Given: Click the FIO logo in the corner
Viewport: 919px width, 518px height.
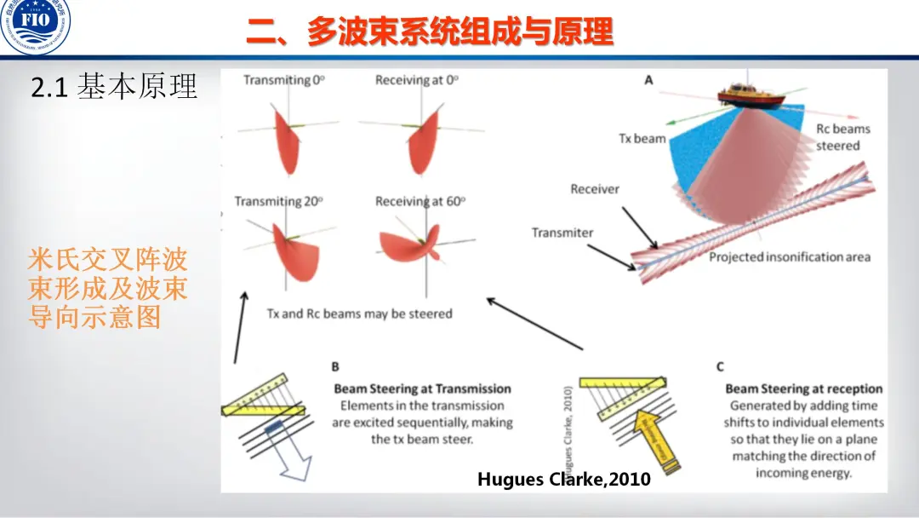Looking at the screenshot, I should (x=36, y=26).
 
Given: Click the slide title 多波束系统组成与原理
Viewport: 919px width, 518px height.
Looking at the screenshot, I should (x=430, y=33).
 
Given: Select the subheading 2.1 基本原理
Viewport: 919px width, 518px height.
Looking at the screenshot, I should (x=114, y=86).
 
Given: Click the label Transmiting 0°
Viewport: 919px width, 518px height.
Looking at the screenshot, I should (x=284, y=80).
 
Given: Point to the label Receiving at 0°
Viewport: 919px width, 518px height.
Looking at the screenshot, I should (x=417, y=80).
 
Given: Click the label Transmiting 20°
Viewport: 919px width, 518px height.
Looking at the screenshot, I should (x=278, y=202).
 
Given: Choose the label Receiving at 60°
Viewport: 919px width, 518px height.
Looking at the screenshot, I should (x=420, y=202).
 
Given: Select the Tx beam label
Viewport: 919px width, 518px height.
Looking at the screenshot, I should (x=642, y=138).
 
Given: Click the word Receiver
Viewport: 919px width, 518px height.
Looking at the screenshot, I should (x=595, y=189).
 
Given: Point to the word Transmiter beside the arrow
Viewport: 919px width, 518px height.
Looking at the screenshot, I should (x=562, y=233).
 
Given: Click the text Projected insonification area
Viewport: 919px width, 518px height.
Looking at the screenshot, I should (x=790, y=256).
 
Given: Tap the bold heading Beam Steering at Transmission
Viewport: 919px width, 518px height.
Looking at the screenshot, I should (x=422, y=389).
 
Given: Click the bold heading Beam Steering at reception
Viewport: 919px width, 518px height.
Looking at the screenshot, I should (x=803, y=389).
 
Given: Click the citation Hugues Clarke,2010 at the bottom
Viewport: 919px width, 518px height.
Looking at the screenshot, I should (x=563, y=480).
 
